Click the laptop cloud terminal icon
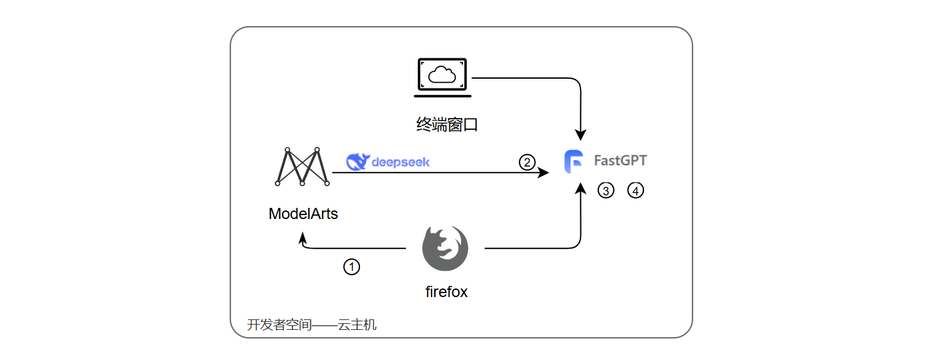point(443,77)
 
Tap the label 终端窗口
point(447,124)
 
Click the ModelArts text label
point(303,213)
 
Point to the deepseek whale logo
point(357,161)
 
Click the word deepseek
point(400,161)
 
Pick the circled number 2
point(527,161)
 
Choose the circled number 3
point(605,190)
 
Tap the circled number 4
point(635,190)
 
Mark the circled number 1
point(352,266)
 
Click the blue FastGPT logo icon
point(574,161)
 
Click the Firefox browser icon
point(445,249)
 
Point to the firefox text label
point(447,292)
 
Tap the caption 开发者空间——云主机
point(312,325)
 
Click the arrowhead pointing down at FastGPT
point(580,134)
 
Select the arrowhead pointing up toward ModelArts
point(302,241)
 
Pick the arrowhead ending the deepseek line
point(544,172)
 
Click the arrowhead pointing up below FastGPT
point(580,190)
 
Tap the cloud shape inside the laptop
point(443,75)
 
